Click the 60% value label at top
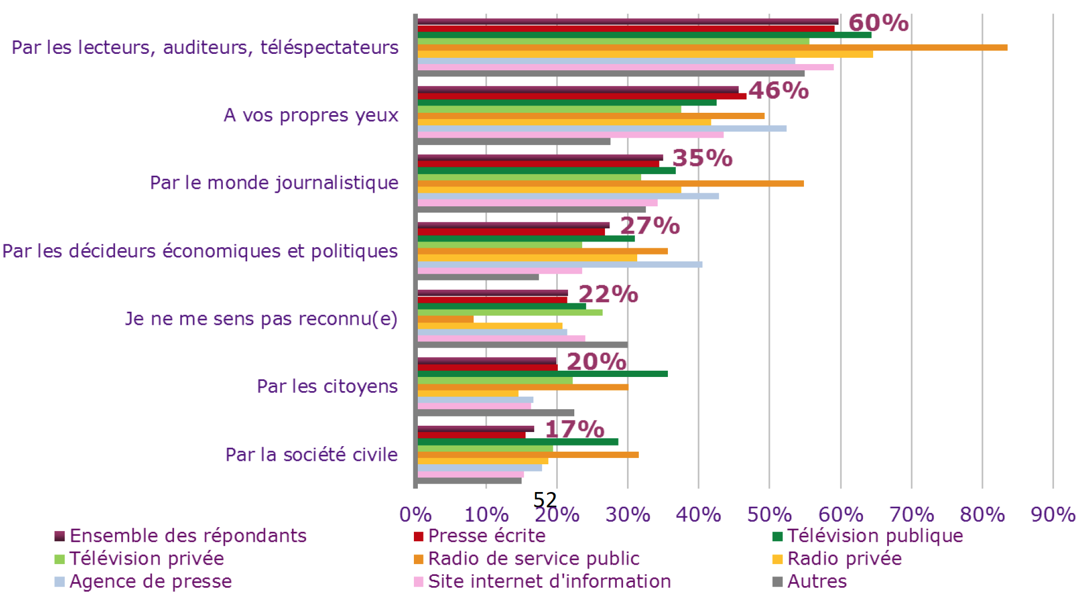(x=878, y=23)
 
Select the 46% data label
(x=778, y=90)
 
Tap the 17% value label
(x=574, y=429)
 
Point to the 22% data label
(x=608, y=294)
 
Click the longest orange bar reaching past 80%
(x=712, y=48)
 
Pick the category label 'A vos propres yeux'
(x=311, y=115)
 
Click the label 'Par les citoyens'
(x=327, y=387)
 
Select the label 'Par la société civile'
(x=311, y=455)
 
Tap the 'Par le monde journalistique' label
(x=274, y=183)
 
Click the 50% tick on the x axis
(x=769, y=515)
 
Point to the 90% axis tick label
(x=1053, y=515)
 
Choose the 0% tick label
(x=416, y=515)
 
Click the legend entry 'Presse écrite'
(x=486, y=536)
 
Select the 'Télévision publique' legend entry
(x=874, y=536)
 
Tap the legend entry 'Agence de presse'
(x=150, y=582)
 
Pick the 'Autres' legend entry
(x=816, y=582)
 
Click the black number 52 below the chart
(x=545, y=500)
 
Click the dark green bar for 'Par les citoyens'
(x=543, y=374)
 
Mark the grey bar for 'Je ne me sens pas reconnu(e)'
(x=522, y=345)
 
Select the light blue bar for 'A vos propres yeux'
(x=602, y=129)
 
